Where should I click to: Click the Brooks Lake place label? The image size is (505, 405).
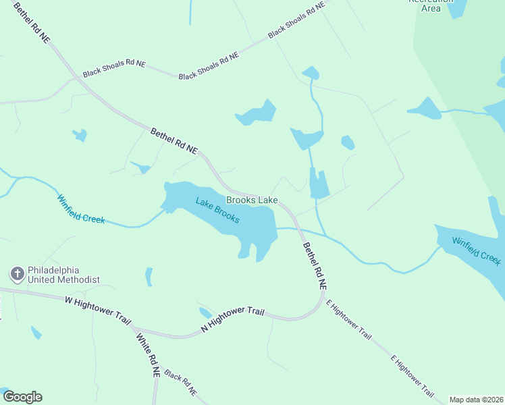pyautogui.click(x=252, y=200)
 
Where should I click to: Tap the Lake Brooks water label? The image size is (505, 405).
pyautogui.click(x=217, y=210)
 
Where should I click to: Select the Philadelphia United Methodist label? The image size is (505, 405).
pyautogui.click(x=64, y=275)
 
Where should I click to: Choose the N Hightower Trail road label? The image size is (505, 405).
pyautogui.click(x=232, y=320)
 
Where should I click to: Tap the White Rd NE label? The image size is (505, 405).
pyautogui.click(x=148, y=354)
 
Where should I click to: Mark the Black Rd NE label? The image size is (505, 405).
pyautogui.click(x=180, y=382)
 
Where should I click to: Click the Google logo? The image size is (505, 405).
pyautogui.click(x=22, y=397)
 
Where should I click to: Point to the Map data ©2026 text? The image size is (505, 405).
pyautogui.click(x=476, y=400)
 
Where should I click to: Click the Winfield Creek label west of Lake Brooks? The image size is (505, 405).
pyautogui.click(x=81, y=209)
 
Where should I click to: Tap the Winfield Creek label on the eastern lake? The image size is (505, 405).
pyautogui.click(x=476, y=251)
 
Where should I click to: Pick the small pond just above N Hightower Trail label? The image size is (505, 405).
pyautogui.click(x=205, y=313)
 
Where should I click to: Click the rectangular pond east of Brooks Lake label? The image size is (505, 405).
pyautogui.click(x=319, y=184)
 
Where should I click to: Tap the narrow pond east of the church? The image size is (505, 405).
pyautogui.click(x=149, y=277)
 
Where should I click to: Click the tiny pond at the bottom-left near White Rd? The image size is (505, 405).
pyautogui.click(x=36, y=333)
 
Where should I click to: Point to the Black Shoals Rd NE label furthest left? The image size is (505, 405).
pyautogui.click(x=114, y=68)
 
